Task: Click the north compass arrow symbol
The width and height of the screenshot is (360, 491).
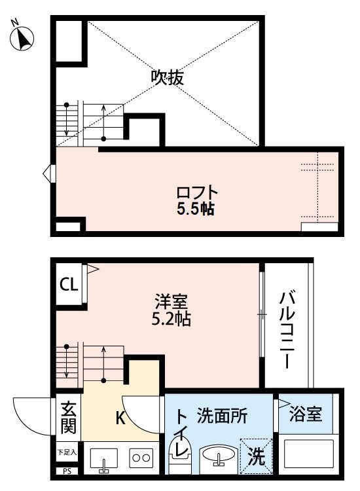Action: [x=22, y=38]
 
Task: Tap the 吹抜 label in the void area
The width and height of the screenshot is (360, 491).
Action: [x=168, y=77]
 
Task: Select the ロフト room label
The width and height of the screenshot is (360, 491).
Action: [x=196, y=193]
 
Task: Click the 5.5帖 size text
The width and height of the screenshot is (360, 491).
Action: [x=196, y=209]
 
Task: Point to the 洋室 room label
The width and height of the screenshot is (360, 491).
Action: [x=171, y=303]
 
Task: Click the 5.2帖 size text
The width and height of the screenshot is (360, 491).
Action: [x=171, y=320]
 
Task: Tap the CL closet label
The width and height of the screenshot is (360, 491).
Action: [x=69, y=285]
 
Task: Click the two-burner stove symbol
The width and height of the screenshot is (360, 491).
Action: [x=141, y=457]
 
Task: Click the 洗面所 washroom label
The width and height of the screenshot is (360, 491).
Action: [x=222, y=414]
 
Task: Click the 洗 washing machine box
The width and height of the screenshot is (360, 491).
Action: [x=256, y=454]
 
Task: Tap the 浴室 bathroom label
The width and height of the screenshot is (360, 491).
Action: [x=306, y=414]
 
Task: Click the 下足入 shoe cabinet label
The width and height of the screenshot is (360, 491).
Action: [x=66, y=452]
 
